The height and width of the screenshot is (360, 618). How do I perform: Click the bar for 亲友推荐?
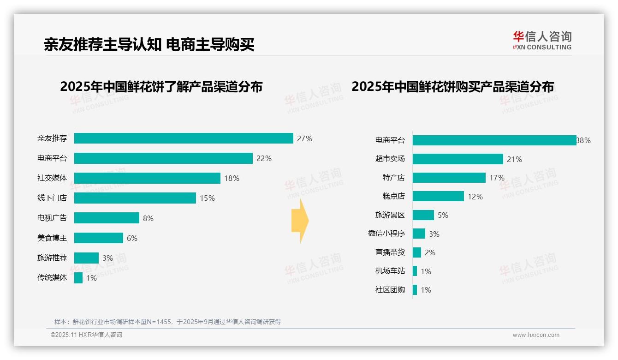184,138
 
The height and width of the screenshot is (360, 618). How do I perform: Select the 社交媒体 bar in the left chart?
147,178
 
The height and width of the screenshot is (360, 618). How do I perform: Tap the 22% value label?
264,158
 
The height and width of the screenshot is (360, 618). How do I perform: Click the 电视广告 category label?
52,218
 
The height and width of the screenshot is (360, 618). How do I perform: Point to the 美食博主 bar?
99,238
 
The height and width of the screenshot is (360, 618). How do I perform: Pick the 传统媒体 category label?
52,278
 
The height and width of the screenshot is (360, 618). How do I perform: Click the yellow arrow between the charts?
300,221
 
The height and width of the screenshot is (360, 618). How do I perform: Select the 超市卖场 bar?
458,159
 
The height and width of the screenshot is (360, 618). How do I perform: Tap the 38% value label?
583,141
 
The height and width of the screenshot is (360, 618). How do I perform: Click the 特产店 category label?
393,178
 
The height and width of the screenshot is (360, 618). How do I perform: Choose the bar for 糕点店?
438,196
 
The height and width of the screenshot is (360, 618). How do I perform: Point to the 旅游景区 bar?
423,215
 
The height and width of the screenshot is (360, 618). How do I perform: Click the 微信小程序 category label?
386,234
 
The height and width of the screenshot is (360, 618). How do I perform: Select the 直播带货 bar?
416,252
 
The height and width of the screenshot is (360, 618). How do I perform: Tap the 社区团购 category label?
390,290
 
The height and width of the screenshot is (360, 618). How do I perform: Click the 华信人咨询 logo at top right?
542,40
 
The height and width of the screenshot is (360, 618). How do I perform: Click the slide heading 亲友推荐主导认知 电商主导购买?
149,44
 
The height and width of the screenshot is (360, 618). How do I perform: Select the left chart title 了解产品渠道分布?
161,87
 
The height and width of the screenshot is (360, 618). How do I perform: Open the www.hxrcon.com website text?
535,335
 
